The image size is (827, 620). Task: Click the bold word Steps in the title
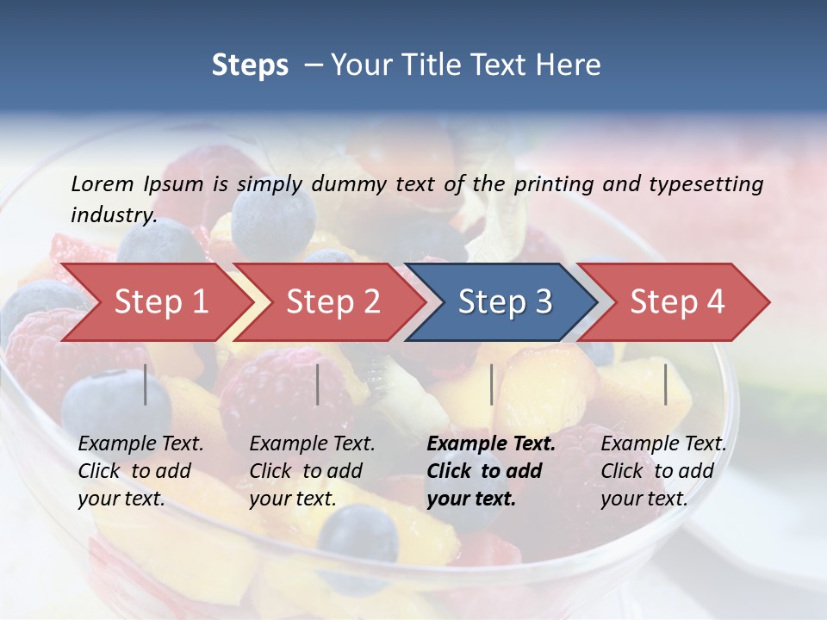(x=250, y=65)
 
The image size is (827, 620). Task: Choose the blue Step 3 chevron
(x=505, y=302)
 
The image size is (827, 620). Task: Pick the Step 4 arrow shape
(x=677, y=302)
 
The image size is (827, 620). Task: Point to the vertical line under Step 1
(x=146, y=384)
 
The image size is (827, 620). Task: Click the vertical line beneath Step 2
(x=318, y=384)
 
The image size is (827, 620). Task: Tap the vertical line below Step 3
(x=492, y=384)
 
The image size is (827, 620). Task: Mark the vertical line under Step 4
(x=666, y=384)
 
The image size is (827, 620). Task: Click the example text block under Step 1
(x=140, y=471)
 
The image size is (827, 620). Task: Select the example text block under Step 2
(x=312, y=471)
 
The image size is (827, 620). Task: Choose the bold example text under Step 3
(x=491, y=471)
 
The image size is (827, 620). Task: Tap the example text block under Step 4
(x=663, y=471)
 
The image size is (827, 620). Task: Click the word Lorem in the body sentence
(x=103, y=183)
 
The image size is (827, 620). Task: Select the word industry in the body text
(x=114, y=214)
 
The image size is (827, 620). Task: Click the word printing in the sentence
(x=554, y=183)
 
